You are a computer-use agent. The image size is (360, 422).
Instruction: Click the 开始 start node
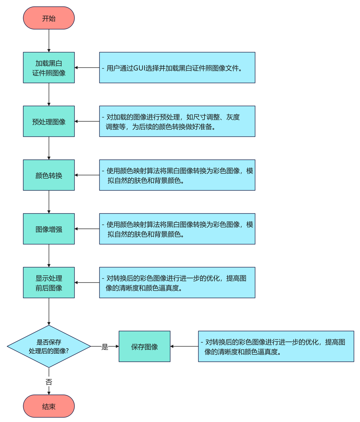49,18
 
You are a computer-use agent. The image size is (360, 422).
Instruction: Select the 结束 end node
49,406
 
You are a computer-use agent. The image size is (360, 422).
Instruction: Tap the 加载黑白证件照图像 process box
49,67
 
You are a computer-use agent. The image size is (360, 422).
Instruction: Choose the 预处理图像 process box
49,121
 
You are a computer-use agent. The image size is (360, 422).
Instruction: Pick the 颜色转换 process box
49,175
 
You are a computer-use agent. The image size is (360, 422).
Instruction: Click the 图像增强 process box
49,229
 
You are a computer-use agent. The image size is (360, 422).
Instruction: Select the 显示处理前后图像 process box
49,283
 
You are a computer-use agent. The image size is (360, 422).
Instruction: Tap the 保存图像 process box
144,347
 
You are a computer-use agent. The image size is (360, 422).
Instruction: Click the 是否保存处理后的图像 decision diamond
49,347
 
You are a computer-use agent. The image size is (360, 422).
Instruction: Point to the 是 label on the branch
105,347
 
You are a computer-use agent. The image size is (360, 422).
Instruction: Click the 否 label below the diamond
49,382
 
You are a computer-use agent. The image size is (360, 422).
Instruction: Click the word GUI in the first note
139,68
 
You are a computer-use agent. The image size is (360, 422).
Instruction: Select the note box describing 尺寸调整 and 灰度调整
177,121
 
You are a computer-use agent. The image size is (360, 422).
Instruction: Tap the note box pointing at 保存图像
276,347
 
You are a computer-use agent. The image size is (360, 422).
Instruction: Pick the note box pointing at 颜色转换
177,175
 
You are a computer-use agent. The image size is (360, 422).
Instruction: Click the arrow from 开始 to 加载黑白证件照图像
49,41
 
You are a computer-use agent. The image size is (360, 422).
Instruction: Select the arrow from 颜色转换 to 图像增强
49,202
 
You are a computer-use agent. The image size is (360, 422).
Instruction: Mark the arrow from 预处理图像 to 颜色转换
49,148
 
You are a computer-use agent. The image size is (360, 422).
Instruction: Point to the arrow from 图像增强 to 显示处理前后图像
49,256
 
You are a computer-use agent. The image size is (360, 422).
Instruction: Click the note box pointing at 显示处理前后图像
177,283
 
